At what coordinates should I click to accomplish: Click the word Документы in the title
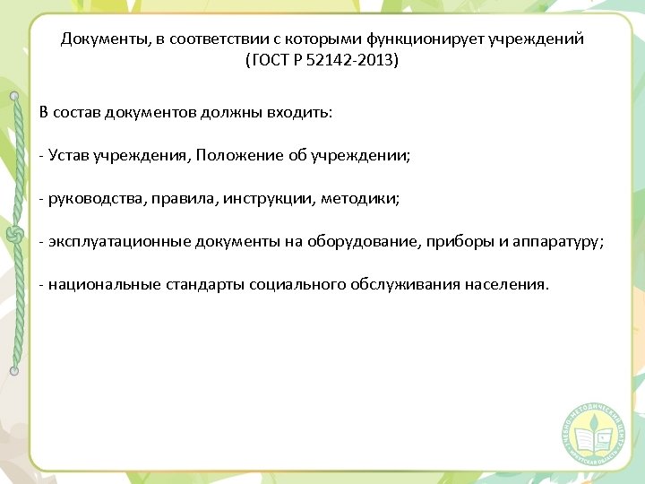96,39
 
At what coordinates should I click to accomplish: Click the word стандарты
211,284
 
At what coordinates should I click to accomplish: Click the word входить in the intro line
304,113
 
